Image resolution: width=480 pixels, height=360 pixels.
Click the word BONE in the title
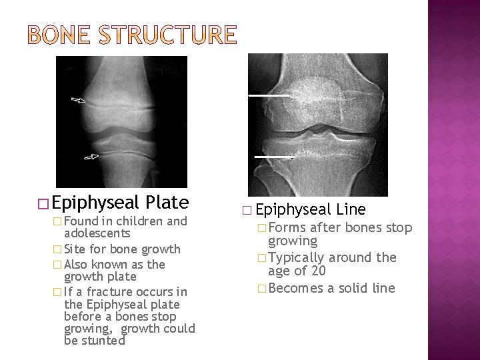pyautogui.click(x=63, y=35)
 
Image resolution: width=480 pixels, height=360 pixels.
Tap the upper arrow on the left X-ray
pyautogui.click(x=79, y=101)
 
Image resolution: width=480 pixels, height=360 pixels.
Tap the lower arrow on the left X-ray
pyautogui.click(x=91, y=157)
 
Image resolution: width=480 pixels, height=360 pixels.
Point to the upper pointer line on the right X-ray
pyautogui.click(x=269, y=96)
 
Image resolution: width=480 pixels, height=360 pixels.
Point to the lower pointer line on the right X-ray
pyautogui.click(x=274, y=157)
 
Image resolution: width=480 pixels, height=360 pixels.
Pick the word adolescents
pyautogui.click(x=97, y=233)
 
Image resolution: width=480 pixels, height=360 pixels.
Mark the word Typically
pyautogui.click(x=295, y=257)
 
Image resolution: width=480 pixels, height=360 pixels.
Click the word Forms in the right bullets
pyautogui.click(x=284, y=227)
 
